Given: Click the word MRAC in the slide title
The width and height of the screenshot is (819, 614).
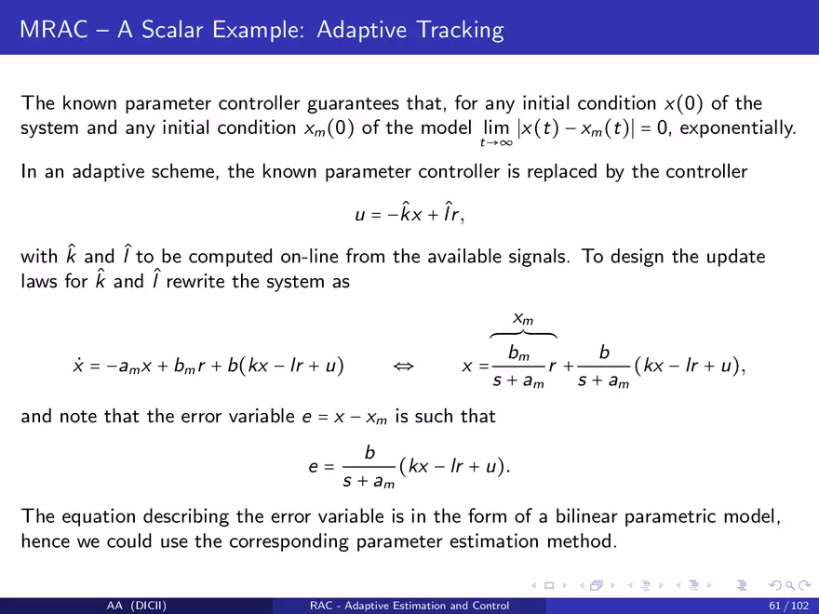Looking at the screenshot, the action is [54, 29].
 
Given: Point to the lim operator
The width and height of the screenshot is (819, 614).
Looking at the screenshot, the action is [496, 127].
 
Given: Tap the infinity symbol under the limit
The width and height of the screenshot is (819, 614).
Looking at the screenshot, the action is [505, 142].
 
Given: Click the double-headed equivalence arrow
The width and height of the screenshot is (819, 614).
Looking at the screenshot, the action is [403, 366].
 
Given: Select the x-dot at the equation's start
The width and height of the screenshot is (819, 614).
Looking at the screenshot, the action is [78, 365].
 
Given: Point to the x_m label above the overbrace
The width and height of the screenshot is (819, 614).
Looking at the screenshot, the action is [523, 318].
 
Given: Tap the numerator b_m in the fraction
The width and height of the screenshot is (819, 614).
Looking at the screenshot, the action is [518, 354].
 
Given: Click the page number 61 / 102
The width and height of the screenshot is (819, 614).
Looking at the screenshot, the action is [788, 606].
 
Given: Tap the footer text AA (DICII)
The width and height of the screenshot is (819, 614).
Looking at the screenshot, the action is [136, 606].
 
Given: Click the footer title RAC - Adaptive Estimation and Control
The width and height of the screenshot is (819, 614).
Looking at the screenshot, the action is [409, 606].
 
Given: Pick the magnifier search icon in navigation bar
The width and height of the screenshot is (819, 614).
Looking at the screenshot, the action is [790, 586].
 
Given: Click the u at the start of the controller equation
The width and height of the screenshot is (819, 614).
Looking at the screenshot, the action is [360, 215].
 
